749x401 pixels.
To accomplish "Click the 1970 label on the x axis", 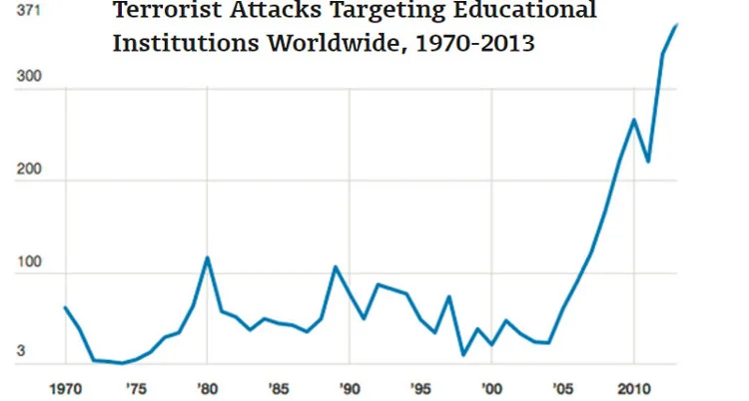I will coord(65,386).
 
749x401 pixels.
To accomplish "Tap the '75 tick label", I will coord(136,386).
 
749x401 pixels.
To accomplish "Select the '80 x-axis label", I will coord(207,386).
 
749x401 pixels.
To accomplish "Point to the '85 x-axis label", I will coord(278,386).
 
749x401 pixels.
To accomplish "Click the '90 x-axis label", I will coord(350,386).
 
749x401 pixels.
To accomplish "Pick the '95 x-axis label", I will coord(420,386).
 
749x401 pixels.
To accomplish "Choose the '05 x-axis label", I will coord(562,386).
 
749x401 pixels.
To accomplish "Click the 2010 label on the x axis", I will coord(632,386).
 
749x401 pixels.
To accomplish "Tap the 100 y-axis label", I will coord(29,273).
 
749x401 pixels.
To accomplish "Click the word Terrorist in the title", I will coord(165,11).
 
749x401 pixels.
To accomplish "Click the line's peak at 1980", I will coord(207,257).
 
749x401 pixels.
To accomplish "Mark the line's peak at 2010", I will coord(633,120).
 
